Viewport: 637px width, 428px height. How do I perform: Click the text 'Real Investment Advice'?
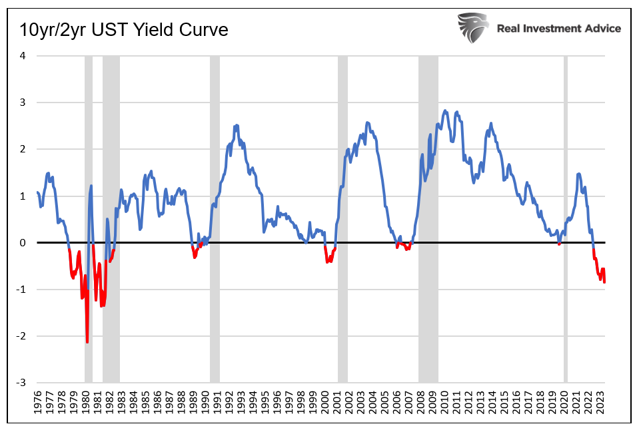tap(558, 28)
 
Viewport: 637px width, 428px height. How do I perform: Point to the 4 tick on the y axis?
tap(23, 56)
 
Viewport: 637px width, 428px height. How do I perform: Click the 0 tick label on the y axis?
tap(23, 243)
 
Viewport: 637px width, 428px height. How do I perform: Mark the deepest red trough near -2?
tap(87, 342)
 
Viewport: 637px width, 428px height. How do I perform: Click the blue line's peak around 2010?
tap(445, 111)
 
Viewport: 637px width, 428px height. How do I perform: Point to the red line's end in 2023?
tap(604, 282)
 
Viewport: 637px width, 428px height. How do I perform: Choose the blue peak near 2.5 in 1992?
tap(236, 125)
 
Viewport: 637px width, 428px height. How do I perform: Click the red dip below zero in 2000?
tap(328, 262)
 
